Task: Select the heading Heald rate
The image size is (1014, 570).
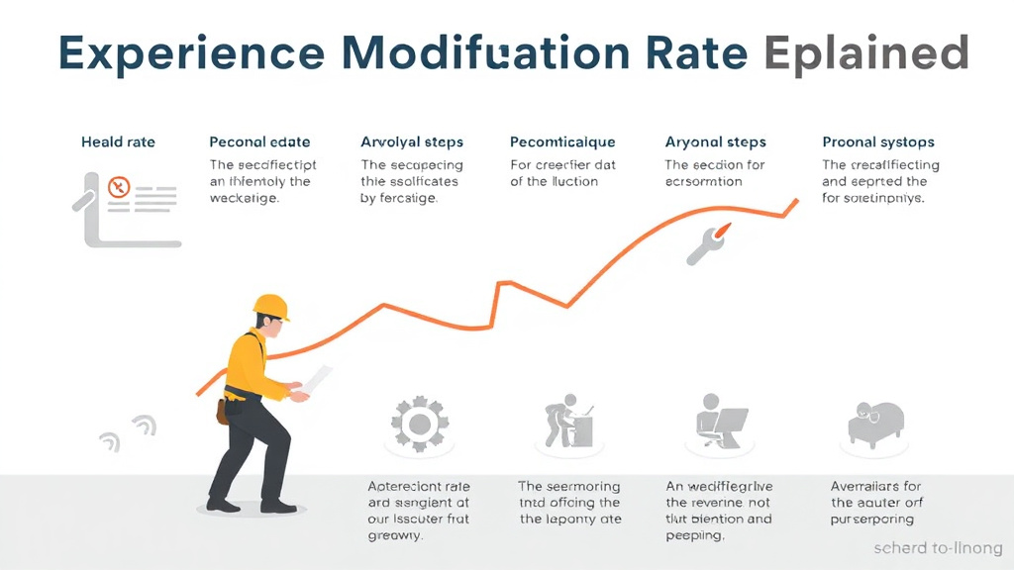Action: point(118,142)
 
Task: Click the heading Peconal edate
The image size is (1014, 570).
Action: point(259,142)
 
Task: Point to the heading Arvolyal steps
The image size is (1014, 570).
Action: point(412,142)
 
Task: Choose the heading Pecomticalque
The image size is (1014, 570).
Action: point(562,142)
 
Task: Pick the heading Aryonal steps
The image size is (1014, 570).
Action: point(715,142)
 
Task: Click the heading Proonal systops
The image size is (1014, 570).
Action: point(878,142)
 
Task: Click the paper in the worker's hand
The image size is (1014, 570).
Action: point(319,382)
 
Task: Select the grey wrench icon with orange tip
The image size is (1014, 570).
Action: point(707,244)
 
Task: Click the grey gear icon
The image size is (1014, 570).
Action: point(418,425)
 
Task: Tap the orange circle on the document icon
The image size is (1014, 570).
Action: point(119,185)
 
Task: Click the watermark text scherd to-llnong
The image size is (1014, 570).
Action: point(938,547)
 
